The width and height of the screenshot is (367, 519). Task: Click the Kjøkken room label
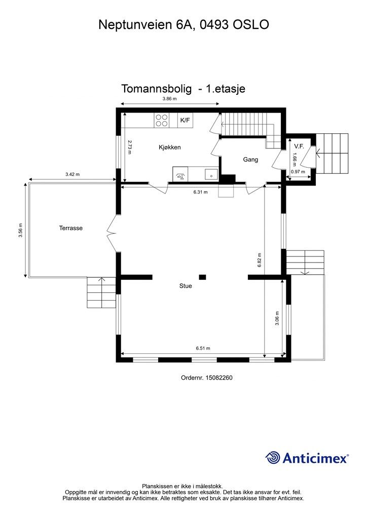[170, 147]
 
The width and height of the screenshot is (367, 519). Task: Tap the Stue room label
[186, 286]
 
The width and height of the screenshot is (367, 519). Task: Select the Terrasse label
[71, 228]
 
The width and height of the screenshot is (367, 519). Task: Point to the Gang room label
[250, 160]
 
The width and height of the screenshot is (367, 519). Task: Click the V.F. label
[299, 146]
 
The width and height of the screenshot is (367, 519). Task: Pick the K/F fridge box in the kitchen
[186, 120]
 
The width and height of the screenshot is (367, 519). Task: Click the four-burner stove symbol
[162, 120]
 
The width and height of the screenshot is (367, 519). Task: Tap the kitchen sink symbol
[211, 174]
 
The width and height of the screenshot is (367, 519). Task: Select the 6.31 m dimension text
[201, 192]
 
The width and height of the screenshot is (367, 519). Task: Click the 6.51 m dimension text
[203, 348]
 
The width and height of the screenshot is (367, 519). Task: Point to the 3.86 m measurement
[169, 99]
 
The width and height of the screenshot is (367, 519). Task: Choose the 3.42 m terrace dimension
[72, 174]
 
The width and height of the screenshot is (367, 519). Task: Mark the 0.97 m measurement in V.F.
[298, 172]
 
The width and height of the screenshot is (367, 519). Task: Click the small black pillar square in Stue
[203, 277]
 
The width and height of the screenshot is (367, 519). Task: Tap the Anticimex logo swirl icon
[272, 458]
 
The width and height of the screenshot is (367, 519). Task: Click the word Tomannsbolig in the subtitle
[156, 89]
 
